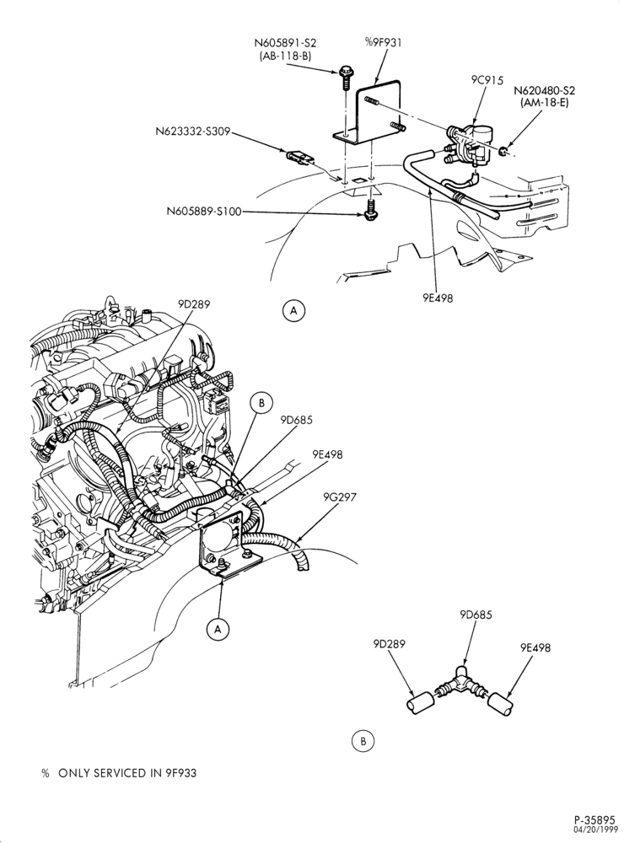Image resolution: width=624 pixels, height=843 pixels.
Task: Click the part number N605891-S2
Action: click(x=285, y=43)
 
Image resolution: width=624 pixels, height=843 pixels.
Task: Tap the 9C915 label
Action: click(x=487, y=81)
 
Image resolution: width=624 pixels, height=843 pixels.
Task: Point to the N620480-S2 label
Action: click(x=545, y=90)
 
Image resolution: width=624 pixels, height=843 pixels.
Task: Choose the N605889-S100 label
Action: click(x=204, y=212)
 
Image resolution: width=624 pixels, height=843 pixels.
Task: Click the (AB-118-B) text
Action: click(x=285, y=56)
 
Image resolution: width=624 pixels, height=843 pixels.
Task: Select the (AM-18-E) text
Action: click(x=545, y=103)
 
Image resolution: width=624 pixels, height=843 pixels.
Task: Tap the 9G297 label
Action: click(x=341, y=497)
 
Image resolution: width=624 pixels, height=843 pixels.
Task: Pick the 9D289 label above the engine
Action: click(x=194, y=304)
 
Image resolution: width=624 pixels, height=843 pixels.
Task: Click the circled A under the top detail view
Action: click(x=293, y=310)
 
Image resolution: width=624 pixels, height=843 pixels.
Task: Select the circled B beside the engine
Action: click(x=262, y=403)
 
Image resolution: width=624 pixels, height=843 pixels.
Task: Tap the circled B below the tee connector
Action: click(x=363, y=741)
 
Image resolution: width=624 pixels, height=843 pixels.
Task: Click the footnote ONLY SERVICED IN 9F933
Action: click(x=127, y=773)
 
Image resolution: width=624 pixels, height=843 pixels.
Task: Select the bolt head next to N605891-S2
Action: click(x=345, y=72)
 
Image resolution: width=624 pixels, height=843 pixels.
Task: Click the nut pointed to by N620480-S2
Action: click(x=502, y=152)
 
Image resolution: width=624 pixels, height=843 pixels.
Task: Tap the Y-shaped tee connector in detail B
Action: click(x=459, y=684)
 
